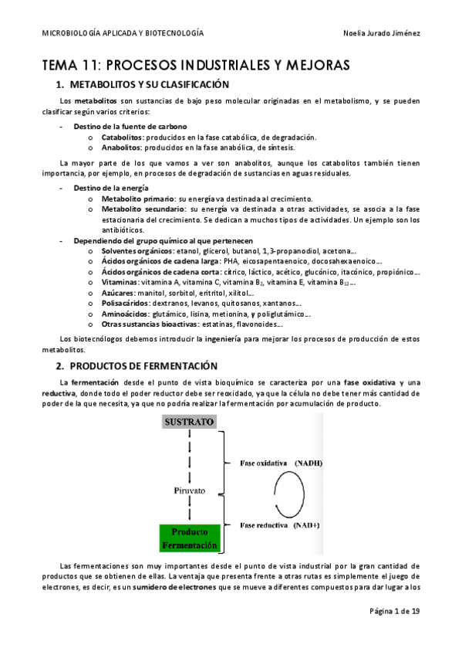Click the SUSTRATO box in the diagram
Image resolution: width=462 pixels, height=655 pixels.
188,423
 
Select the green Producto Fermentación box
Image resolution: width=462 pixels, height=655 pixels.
189,538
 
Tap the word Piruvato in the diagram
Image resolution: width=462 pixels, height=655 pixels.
188,490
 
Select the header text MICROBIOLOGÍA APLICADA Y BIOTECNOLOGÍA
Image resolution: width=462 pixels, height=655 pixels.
123,33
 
